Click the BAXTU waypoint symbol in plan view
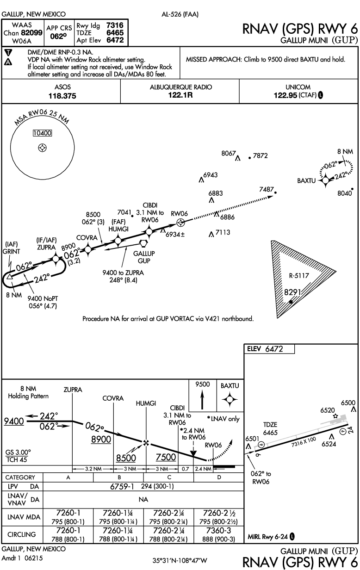tap(325, 180)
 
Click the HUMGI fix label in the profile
tap(145, 403)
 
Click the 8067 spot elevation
tap(229, 153)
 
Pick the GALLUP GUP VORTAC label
tap(144, 257)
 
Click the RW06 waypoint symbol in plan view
tap(181, 223)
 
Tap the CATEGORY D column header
tap(218, 477)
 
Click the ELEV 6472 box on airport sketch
tap(269, 349)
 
